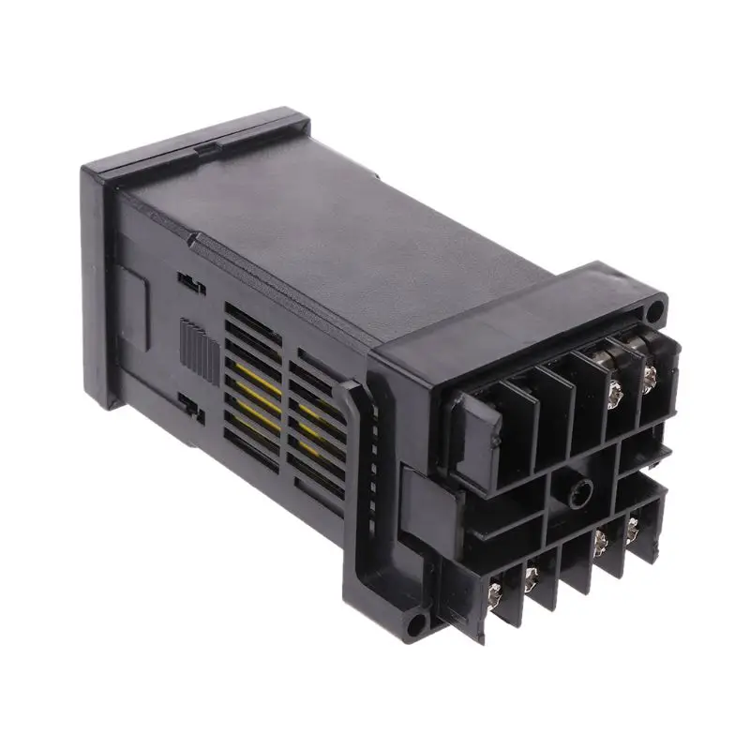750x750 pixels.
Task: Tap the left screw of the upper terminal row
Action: [616, 389]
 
